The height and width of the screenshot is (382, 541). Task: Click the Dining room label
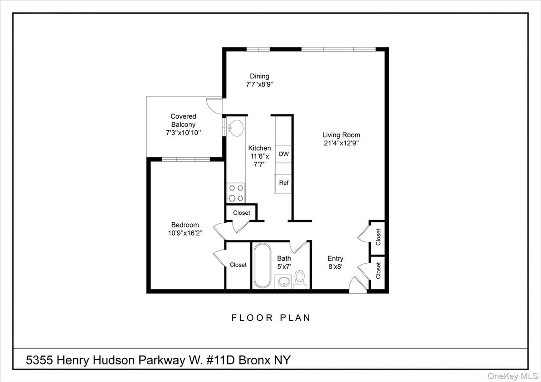point(260,76)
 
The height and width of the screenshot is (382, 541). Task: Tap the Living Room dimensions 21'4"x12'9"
point(341,143)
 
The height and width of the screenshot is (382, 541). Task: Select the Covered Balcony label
point(183,120)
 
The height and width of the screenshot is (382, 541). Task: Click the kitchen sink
point(236,127)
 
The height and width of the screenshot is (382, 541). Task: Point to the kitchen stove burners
point(236,193)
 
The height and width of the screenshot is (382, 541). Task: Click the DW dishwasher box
point(283,154)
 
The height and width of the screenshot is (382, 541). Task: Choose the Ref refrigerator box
point(283,183)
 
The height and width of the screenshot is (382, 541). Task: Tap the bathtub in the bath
point(262,266)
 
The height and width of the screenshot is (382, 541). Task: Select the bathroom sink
point(284,281)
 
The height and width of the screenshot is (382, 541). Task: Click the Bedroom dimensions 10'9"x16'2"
point(185,233)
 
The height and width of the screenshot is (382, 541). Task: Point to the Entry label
point(335,258)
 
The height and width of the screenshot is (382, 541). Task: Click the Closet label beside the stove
point(242,213)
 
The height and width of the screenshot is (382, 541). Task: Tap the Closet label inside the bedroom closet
point(238,265)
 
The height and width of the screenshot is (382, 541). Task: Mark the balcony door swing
point(214,105)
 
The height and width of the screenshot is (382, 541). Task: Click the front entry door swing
point(357,285)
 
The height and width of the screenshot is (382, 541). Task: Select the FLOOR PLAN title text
point(271,317)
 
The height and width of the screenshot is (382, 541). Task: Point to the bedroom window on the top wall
point(186,159)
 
